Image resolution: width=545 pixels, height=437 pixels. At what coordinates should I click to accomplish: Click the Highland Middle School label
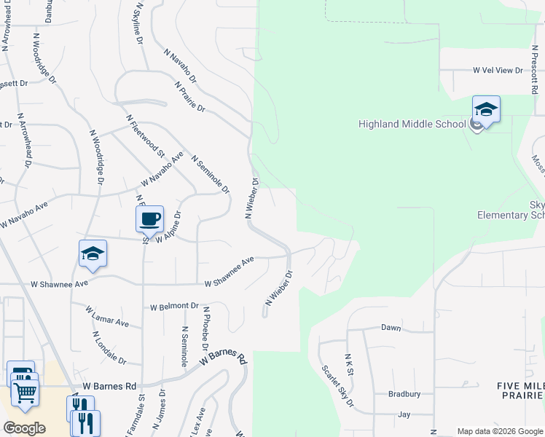412,124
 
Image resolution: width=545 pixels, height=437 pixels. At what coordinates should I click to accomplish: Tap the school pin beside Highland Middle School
486,111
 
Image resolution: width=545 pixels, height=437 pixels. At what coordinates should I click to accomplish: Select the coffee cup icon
149,219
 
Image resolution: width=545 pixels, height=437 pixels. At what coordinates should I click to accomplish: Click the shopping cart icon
25,393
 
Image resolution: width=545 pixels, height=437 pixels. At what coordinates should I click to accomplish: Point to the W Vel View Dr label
498,71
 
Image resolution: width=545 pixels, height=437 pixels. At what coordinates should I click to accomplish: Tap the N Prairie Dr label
191,95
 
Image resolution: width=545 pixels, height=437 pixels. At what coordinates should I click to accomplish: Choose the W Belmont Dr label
173,307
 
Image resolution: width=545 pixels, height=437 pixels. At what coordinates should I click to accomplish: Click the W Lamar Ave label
106,317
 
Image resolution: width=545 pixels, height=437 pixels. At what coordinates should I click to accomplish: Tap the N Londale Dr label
109,348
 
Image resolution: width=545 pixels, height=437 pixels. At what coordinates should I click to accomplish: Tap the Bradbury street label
404,394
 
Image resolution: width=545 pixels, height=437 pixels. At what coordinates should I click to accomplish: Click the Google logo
24,428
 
